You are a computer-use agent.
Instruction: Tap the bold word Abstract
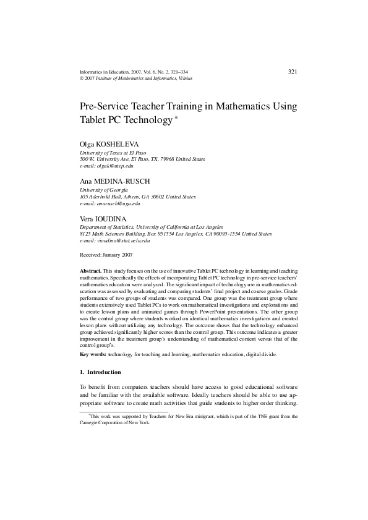[x=91, y=271]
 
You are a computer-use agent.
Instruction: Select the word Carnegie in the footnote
[x=90, y=424]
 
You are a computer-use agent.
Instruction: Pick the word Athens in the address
[x=129, y=197]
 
